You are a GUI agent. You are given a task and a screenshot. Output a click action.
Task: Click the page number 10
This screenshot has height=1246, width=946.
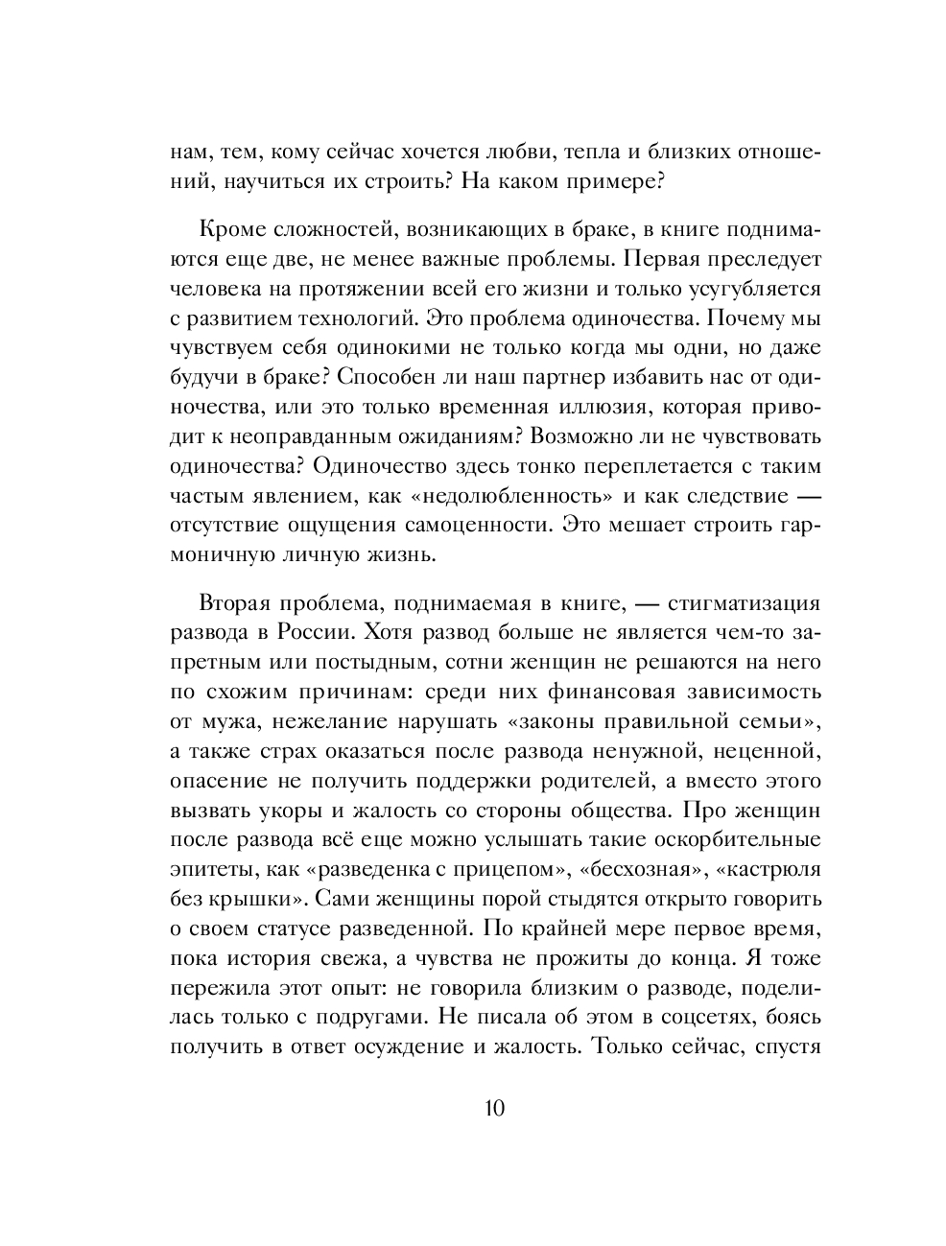tap(494, 1109)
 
